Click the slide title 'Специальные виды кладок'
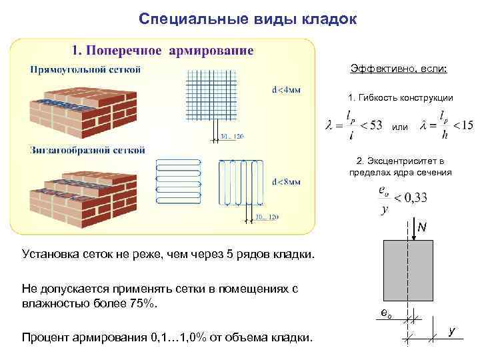pyautogui.click(x=248, y=19)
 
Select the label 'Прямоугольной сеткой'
pyautogui.click(x=85, y=69)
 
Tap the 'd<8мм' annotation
pyautogui.click(x=286, y=181)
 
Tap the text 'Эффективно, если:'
pyautogui.click(x=399, y=69)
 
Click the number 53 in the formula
pyautogui.click(x=376, y=125)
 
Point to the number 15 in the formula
pyautogui.click(x=467, y=125)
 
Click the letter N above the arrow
pyautogui.click(x=422, y=228)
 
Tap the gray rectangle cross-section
pyautogui.click(x=408, y=270)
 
